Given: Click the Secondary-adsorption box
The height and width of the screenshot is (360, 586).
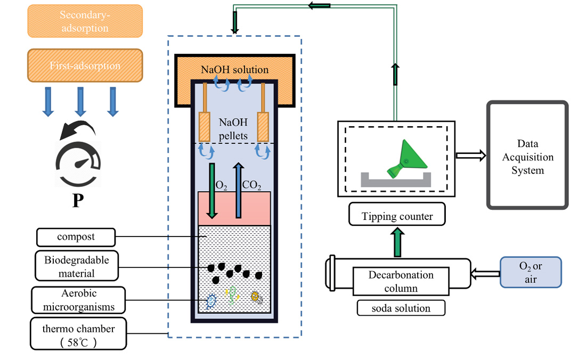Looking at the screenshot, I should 85,21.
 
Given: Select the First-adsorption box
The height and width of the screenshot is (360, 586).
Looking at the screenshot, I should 85,66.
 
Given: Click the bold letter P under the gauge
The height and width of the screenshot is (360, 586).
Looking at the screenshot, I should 77,201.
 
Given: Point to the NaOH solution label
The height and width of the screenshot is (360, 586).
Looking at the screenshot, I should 234,70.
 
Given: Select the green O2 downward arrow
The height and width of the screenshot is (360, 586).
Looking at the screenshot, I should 212,190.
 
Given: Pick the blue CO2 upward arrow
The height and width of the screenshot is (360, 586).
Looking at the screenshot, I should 239,190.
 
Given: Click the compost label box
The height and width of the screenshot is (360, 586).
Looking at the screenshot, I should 76,236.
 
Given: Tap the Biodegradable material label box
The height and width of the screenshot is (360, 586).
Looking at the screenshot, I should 77,266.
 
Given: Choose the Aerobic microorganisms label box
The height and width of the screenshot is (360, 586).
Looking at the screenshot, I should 78,300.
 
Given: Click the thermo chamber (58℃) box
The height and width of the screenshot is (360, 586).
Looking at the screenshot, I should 78,334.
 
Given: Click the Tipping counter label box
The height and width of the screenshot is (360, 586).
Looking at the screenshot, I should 397,216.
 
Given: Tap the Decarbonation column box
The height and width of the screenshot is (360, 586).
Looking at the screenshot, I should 401,282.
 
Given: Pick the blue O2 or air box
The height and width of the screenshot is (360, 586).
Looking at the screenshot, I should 531,272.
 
